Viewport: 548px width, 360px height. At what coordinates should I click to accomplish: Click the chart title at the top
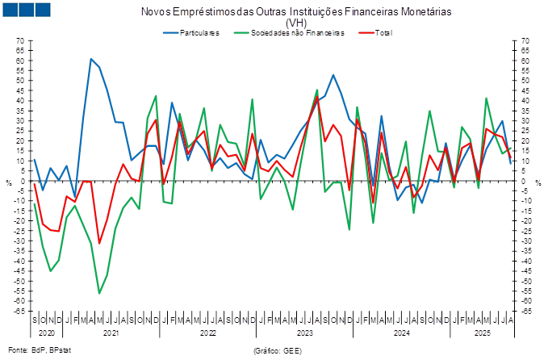coord(296,13)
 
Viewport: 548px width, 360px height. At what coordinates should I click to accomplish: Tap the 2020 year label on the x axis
coord(44,331)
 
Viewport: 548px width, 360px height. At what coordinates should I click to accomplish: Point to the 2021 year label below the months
coord(111,331)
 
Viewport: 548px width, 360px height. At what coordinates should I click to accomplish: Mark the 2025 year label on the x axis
coord(483,331)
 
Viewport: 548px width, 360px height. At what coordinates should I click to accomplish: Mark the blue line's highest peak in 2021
coord(91,59)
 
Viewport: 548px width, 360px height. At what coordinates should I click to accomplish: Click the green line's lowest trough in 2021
coord(99,293)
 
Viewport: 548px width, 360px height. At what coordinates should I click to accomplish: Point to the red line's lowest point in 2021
coord(99,243)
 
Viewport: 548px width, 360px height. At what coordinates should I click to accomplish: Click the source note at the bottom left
coord(40,350)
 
